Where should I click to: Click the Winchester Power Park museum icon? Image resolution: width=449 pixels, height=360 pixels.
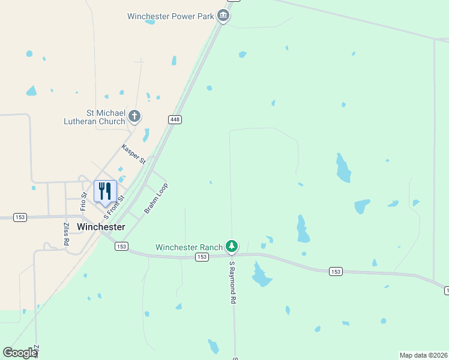(223, 16)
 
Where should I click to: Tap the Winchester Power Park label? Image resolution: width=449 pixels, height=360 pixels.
(171, 16)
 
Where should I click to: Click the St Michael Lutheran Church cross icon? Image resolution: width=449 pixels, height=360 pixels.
(134, 116)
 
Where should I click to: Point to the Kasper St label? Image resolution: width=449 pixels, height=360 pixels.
(133, 154)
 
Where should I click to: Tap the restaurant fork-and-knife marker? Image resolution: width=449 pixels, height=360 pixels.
(105, 191)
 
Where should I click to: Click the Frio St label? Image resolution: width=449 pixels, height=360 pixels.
(84, 202)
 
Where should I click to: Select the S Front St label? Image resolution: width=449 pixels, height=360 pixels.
(114, 206)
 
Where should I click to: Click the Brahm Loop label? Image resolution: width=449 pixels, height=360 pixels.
(156, 199)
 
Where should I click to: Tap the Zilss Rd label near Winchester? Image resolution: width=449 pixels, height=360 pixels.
(66, 234)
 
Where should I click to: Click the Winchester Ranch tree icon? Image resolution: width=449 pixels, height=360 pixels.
(232, 246)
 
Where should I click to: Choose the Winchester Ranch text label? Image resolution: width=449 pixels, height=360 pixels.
(188, 247)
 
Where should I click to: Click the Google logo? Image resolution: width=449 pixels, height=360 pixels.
(20, 353)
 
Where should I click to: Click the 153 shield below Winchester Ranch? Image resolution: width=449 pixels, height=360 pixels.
(202, 257)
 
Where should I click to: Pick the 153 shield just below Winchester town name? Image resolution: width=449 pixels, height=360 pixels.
(122, 246)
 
